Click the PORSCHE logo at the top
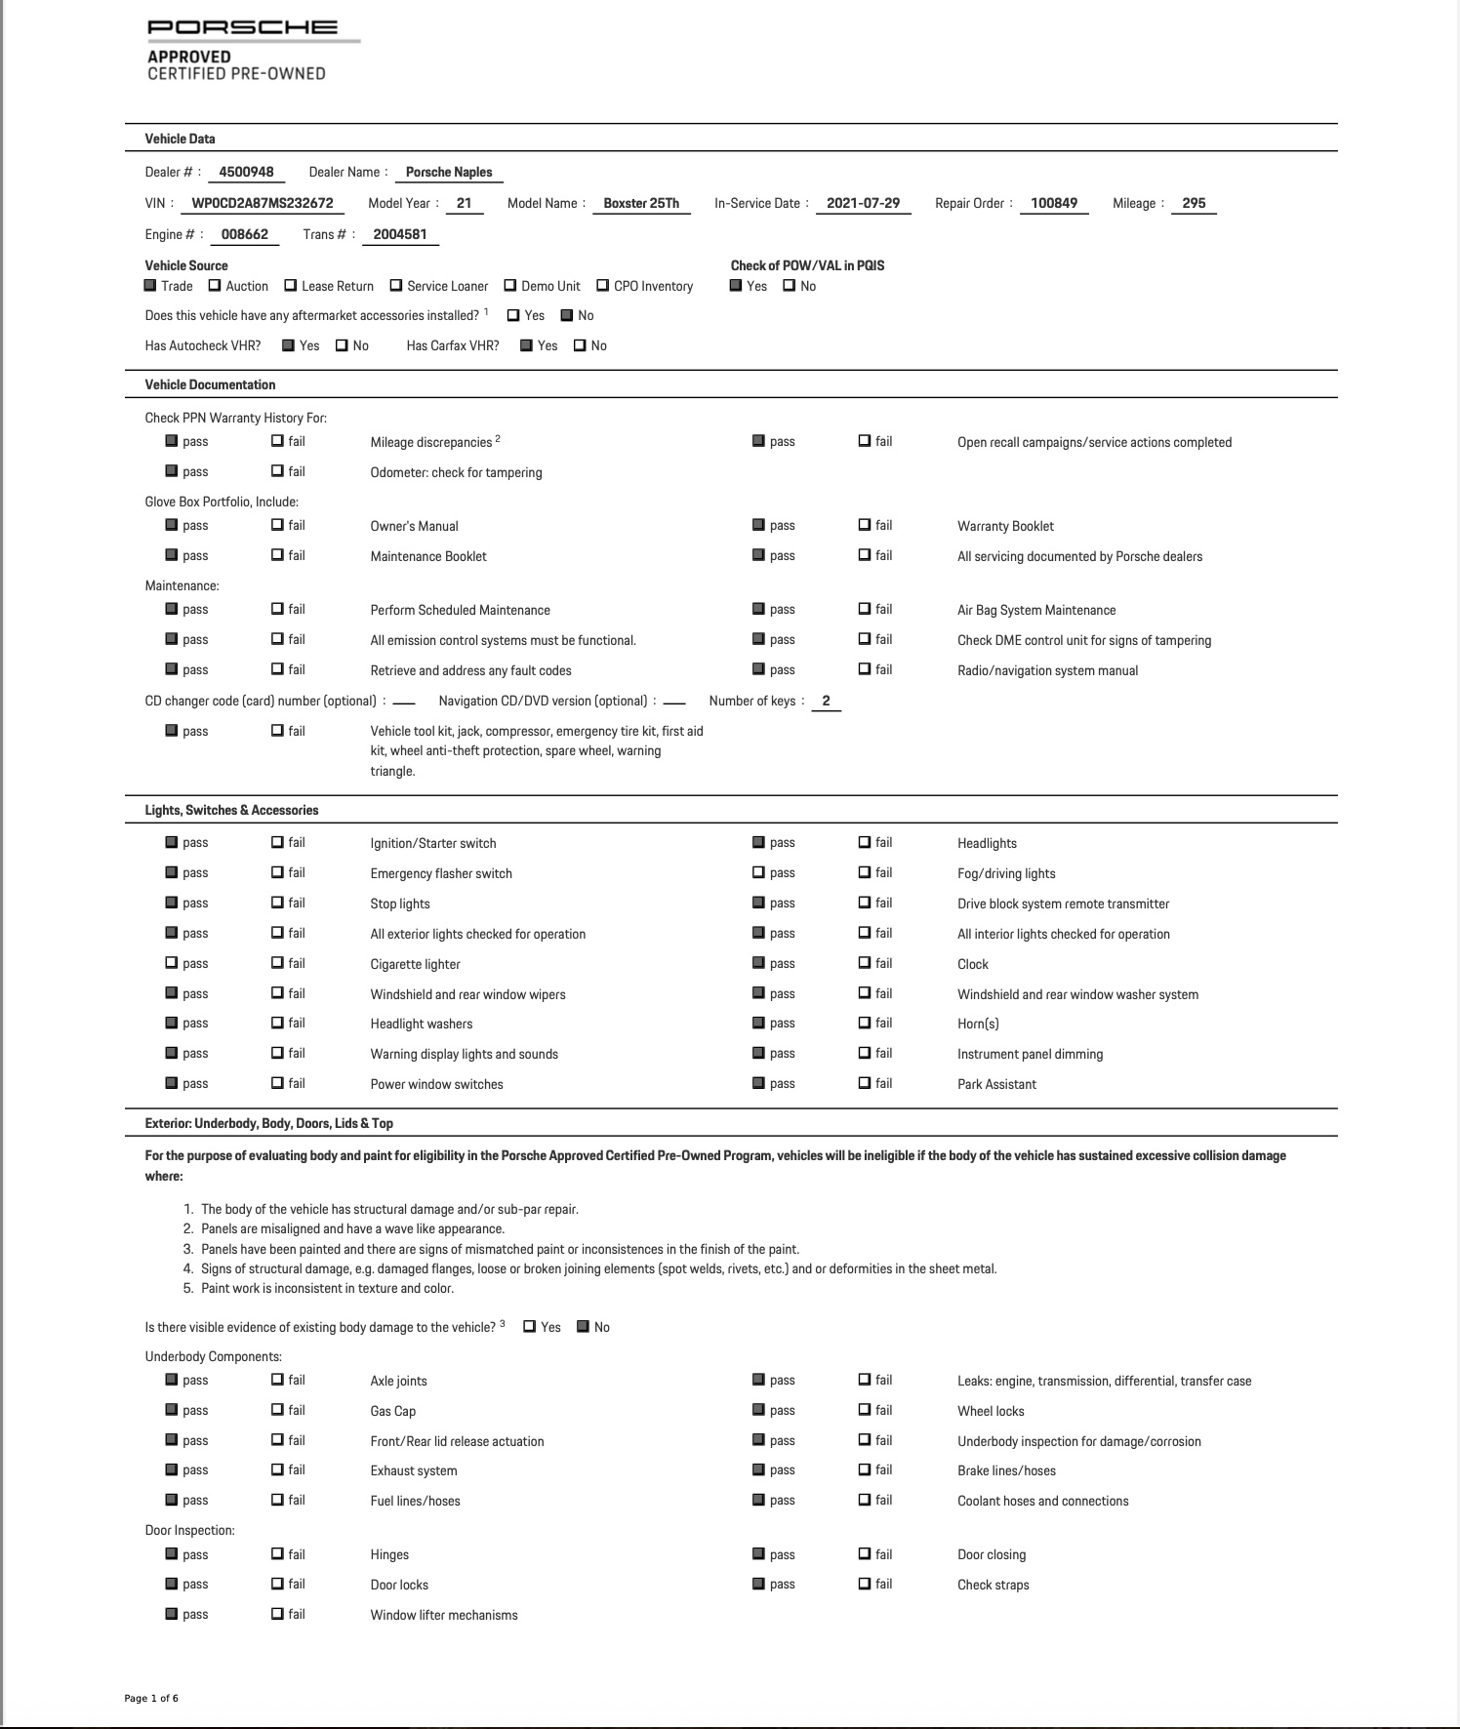pyautogui.click(x=242, y=27)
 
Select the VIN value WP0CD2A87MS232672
pyautogui.click(x=263, y=203)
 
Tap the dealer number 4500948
pyautogui.click(x=246, y=172)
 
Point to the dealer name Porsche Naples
pyautogui.click(x=449, y=172)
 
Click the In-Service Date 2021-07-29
pyautogui.click(x=863, y=203)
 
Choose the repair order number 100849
pyautogui.click(x=1054, y=203)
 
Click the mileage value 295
pyautogui.click(x=1194, y=203)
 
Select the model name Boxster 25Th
pyautogui.click(x=641, y=203)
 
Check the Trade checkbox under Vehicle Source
pyautogui.click(x=150, y=286)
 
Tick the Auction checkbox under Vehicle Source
pyautogui.click(x=215, y=286)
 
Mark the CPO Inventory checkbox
pyautogui.click(x=602, y=286)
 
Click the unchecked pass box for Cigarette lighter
pyautogui.click(x=172, y=963)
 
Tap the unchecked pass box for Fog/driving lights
pyautogui.click(x=758, y=872)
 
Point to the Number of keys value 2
pyautogui.click(x=826, y=701)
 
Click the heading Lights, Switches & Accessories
pyautogui.click(x=231, y=810)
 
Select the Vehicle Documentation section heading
pyautogui.click(x=210, y=384)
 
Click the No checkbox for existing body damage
pyautogui.click(x=583, y=1326)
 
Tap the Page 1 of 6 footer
pyautogui.click(x=151, y=1699)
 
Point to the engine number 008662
pyautogui.click(x=244, y=234)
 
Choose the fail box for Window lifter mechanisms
pyautogui.click(x=277, y=1614)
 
